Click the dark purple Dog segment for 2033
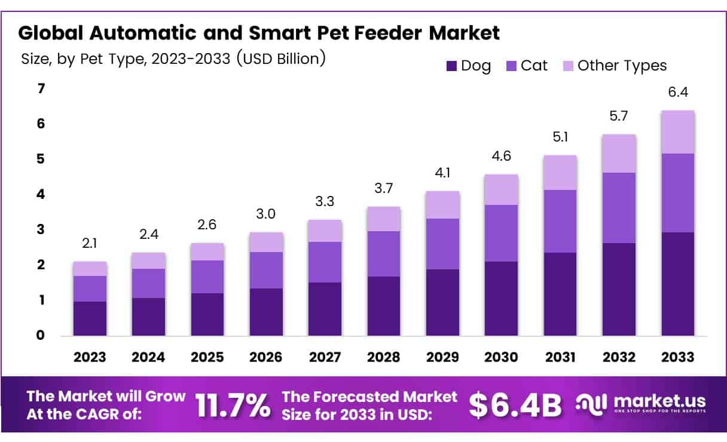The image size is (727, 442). click(x=677, y=284)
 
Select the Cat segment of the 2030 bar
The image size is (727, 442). click(x=502, y=233)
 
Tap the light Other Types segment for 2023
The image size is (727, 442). click(x=90, y=269)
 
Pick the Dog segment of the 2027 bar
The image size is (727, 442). click(x=325, y=309)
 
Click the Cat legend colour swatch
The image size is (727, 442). click(x=512, y=66)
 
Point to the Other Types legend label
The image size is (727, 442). click(x=622, y=66)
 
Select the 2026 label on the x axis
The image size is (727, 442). click(x=266, y=357)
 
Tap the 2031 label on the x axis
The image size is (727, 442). click(x=560, y=357)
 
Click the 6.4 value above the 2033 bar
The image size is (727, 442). click(x=677, y=93)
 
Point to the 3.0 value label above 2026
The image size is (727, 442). click(x=266, y=214)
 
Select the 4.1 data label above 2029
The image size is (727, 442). click(x=442, y=173)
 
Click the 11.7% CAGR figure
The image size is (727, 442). click(x=233, y=406)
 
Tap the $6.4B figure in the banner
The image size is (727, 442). click(x=515, y=406)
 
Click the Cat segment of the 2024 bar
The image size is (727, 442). click(x=148, y=283)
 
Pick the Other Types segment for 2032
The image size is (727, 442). click(x=619, y=154)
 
